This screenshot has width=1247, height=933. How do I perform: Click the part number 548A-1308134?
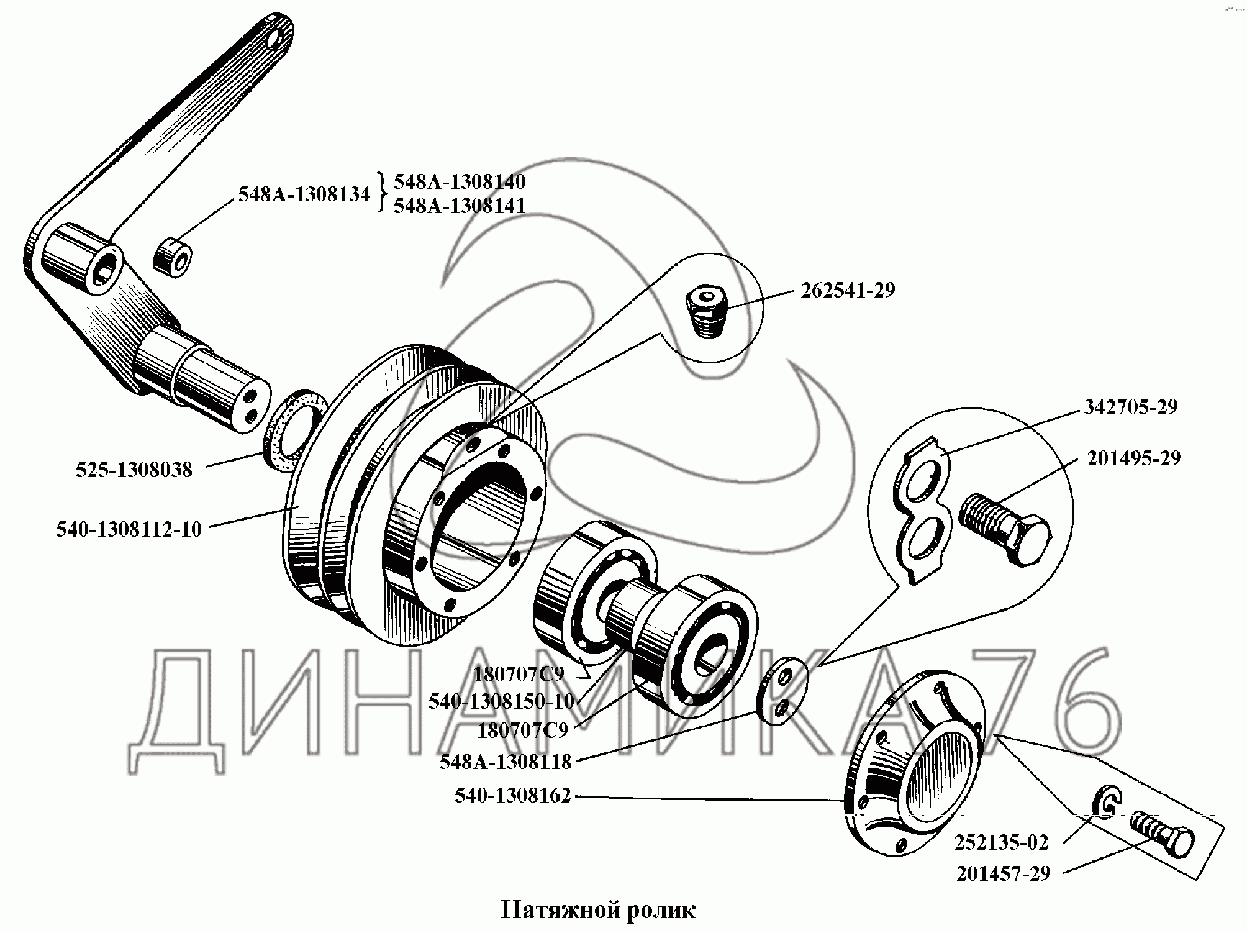click(x=304, y=194)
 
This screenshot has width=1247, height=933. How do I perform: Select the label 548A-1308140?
click(x=460, y=181)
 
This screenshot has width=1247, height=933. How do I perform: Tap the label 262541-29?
click(x=848, y=291)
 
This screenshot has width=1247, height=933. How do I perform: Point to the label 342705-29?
click(x=1130, y=407)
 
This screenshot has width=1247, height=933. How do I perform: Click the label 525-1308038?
click(x=134, y=470)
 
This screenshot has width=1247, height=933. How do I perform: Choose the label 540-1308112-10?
click(x=129, y=529)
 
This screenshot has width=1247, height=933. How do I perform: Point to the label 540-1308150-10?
click(x=501, y=701)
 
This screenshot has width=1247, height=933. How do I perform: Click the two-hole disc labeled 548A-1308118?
click(x=784, y=691)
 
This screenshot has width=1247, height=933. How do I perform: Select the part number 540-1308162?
click(x=512, y=796)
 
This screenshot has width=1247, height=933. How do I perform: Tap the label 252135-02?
click(x=1002, y=842)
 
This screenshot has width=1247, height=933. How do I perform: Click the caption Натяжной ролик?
click(x=597, y=910)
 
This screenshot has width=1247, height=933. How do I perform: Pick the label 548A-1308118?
click(x=506, y=762)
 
